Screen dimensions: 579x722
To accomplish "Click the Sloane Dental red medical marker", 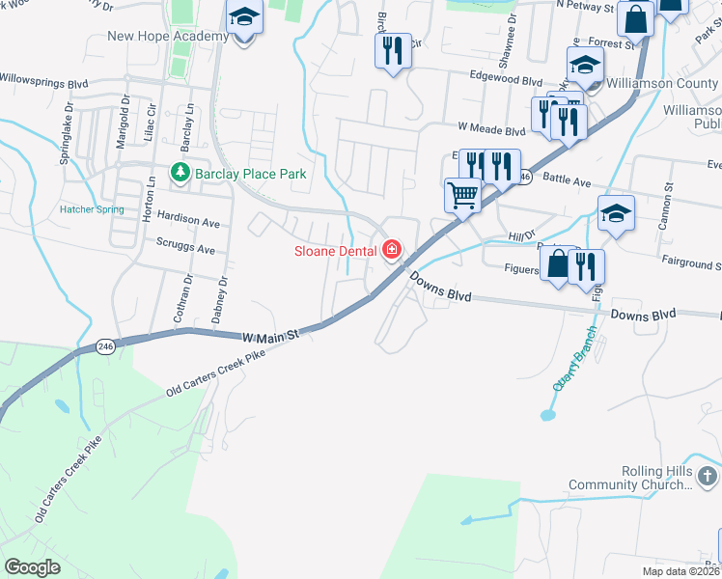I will pos(392,251).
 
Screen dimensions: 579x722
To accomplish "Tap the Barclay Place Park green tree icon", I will pos(180,173).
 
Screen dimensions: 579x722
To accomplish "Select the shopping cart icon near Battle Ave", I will pos(463,196).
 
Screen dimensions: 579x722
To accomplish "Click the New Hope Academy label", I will pos(168,37).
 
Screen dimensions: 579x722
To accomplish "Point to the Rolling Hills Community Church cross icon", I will pos(707,476).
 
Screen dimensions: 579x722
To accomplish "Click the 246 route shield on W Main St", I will pos(105,345).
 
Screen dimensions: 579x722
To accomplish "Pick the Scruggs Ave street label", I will pos(185,248).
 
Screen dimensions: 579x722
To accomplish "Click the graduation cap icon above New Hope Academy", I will pos(244,18).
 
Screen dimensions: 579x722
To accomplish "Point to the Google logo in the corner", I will pos(32,566).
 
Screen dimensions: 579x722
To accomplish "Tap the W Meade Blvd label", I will pos(490,126).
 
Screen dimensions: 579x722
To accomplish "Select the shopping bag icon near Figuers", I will pos(558,263).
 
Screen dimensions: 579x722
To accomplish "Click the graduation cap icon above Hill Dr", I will pos(615,213).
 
